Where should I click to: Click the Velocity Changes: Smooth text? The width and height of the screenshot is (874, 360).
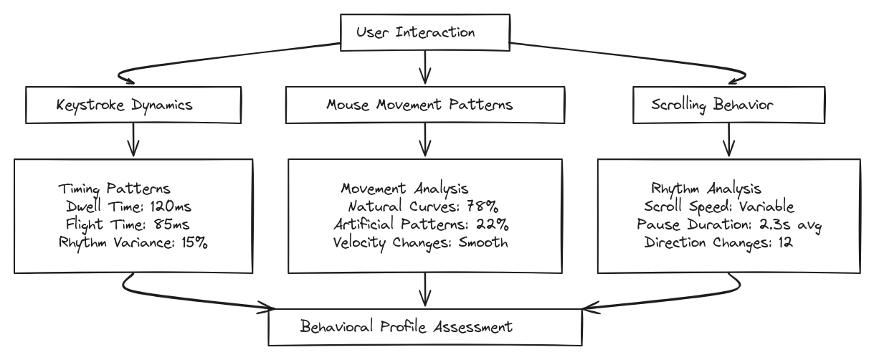point(421,241)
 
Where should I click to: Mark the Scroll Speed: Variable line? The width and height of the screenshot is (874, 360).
point(719,207)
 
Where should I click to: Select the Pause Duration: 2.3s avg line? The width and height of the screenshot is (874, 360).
point(728,224)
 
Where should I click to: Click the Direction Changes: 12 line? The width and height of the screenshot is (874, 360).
point(717,241)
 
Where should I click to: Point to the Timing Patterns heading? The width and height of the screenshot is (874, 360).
point(113,189)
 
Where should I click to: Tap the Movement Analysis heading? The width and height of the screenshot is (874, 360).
point(404,189)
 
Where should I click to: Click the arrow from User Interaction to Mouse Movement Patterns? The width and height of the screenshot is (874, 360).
point(426,69)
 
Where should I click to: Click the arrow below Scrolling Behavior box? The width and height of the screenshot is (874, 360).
point(728,140)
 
